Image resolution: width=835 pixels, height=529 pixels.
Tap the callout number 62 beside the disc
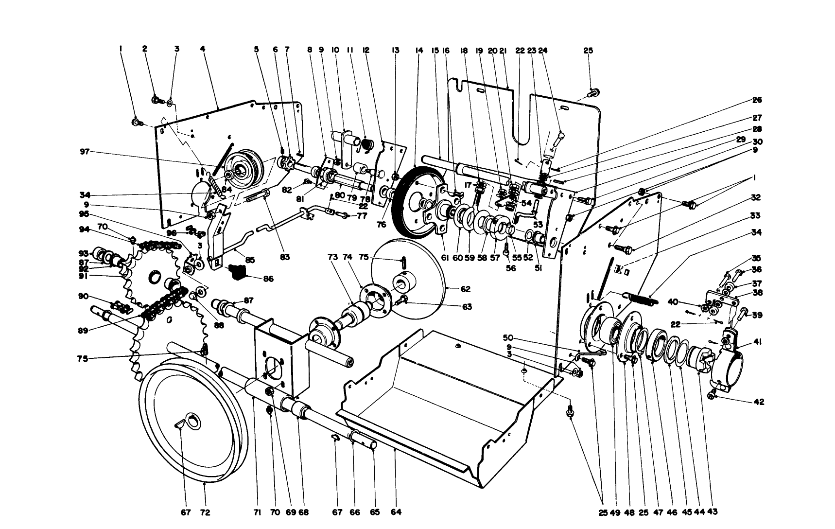coord(465,289)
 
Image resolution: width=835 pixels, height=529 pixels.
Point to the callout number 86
coord(268,279)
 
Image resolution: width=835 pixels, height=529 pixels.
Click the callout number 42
coord(759,402)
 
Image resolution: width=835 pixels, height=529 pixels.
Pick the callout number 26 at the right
coord(757,100)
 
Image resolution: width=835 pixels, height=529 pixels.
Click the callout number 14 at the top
coord(419,50)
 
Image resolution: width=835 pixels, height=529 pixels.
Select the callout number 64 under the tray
coord(396,512)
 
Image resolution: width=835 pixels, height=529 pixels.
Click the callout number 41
coord(758,342)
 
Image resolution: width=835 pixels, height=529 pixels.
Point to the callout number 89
coord(83,330)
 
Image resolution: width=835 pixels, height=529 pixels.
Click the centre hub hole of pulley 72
coord(193,421)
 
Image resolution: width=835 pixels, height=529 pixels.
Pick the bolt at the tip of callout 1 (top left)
coord(136,122)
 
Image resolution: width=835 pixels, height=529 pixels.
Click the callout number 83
coord(284,257)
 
